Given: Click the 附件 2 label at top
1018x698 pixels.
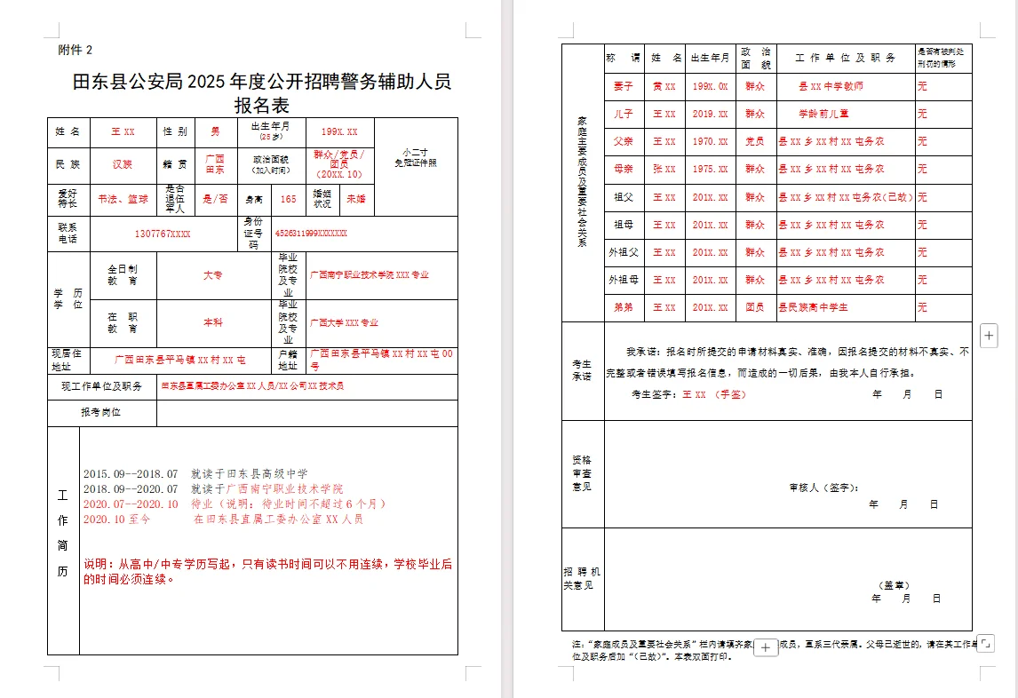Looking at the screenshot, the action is [x=75, y=50].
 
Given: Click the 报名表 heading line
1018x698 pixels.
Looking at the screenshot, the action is [x=261, y=106].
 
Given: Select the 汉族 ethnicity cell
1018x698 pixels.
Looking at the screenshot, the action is [x=122, y=164].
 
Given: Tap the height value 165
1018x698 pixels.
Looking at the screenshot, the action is [x=288, y=200].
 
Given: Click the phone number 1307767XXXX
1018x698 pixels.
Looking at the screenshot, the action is [x=163, y=234].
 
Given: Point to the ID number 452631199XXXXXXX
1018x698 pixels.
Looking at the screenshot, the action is [x=311, y=234].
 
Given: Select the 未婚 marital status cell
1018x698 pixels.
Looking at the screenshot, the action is [x=355, y=200].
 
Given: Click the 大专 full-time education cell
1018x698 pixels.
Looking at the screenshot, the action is [x=213, y=275].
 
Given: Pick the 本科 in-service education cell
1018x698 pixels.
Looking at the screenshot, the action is [x=213, y=322].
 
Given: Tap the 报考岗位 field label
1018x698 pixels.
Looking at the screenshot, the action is [x=100, y=413].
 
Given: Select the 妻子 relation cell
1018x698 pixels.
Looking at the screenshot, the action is [x=623, y=86].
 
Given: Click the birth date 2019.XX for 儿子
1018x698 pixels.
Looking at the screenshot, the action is [x=710, y=114].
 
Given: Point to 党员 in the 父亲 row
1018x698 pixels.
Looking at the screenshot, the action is [x=755, y=141].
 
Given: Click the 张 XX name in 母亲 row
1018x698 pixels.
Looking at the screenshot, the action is [x=664, y=169].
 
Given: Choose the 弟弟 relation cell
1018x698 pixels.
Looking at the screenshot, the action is [x=623, y=307].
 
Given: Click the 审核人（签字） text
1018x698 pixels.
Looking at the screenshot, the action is [x=823, y=488].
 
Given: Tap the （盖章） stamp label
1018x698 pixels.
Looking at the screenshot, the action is [x=895, y=585].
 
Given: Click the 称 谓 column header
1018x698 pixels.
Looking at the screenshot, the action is [x=623, y=58].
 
